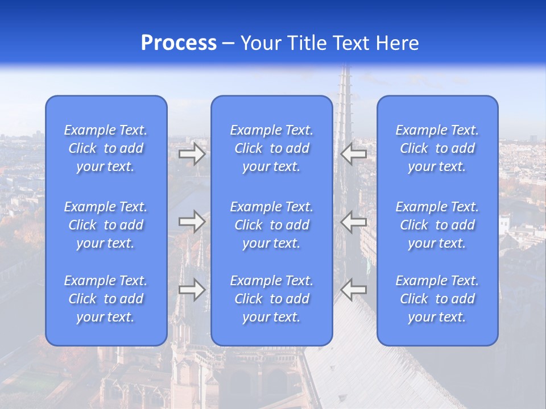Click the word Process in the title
pyautogui.click(x=179, y=43)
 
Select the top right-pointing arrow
pyautogui.click(x=192, y=154)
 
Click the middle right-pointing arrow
pyautogui.click(x=192, y=222)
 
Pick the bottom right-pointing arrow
pyautogui.click(x=192, y=290)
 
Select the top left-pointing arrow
pyautogui.click(x=353, y=154)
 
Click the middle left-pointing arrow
pyautogui.click(x=353, y=222)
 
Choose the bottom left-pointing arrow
pyautogui.click(x=353, y=290)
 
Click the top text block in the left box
pyautogui.click(x=106, y=148)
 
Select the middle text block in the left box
pyautogui.click(x=106, y=225)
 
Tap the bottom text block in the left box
pyautogui.click(x=106, y=299)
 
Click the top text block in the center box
pyautogui.click(x=272, y=148)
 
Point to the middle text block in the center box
pyautogui.click(x=272, y=225)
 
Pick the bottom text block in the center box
pyautogui.click(x=272, y=299)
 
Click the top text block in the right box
pyautogui.click(x=437, y=148)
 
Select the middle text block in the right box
pyautogui.click(x=437, y=225)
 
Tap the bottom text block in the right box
pyautogui.click(x=437, y=299)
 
